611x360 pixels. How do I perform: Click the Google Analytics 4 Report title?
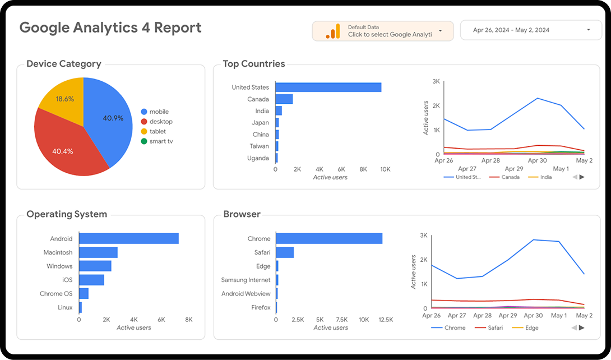(110, 28)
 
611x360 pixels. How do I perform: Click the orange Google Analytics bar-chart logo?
(333, 31)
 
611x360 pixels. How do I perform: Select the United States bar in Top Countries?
(328, 87)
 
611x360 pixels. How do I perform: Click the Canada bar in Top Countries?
(284, 99)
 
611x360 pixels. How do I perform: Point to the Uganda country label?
(258, 158)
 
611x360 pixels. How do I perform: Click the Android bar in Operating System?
(128, 238)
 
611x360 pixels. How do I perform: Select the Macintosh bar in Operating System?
(98, 252)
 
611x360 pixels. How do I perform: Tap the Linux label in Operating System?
(64, 307)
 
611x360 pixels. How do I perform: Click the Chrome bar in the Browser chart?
(329, 238)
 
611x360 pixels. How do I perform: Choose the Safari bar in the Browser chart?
(285, 252)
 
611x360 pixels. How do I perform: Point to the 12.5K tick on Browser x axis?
(385, 320)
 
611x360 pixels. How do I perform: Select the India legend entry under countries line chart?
(545, 177)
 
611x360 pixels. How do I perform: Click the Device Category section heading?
(64, 64)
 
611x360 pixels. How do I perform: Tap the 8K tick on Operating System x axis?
(188, 320)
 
